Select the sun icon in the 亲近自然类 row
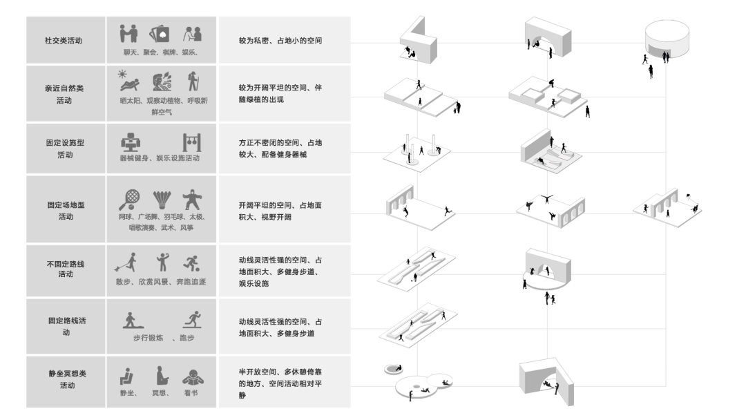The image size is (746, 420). (x=122, y=74)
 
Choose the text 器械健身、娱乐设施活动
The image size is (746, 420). (x=159, y=157)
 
